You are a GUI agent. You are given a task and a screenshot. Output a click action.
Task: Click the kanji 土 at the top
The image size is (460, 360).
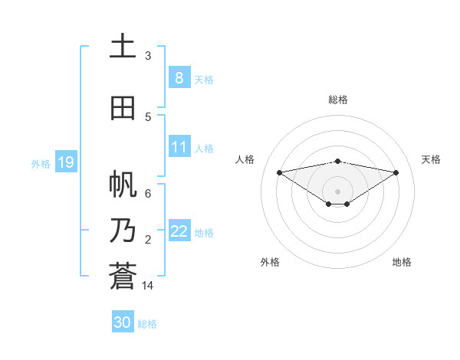(123, 46)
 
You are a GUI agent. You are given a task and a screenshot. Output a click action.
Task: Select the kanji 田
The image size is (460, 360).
(123, 108)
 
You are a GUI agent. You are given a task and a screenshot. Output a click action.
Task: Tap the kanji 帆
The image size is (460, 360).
(123, 185)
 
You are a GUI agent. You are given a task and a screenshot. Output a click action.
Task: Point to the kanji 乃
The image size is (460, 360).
(123, 231)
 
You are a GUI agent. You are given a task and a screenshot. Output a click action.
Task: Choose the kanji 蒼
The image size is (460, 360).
(123, 277)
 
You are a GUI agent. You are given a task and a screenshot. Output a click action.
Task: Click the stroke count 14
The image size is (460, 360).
(148, 286)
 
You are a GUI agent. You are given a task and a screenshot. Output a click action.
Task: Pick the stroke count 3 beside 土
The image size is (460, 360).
(148, 55)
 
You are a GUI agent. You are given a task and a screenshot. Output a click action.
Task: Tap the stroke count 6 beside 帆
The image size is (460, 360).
(148, 193)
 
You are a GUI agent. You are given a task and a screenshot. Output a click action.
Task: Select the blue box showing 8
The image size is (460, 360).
(179, 77)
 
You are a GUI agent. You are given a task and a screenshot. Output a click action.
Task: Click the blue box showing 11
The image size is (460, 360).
(179, 147)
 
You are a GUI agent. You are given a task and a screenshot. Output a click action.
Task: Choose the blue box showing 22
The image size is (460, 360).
(179, 231)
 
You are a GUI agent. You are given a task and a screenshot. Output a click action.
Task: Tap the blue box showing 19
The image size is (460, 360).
(65, 162)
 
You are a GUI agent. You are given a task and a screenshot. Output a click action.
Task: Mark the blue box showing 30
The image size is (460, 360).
(122, 322)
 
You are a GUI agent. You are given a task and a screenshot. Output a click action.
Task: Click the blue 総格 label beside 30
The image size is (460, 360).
(147, 324)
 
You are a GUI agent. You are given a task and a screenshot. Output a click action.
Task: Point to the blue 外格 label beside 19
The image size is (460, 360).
(41, 163)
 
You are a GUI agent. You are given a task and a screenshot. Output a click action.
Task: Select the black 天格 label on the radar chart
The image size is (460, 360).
(431, 159)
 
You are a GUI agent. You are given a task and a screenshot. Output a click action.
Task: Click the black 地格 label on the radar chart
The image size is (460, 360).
(402, 262)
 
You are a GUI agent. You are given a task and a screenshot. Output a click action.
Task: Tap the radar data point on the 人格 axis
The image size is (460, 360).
(279, 172)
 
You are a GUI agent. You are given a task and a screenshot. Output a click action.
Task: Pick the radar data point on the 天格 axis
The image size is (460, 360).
(396, 172)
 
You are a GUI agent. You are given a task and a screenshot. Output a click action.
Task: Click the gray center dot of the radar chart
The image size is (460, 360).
(337, 191)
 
